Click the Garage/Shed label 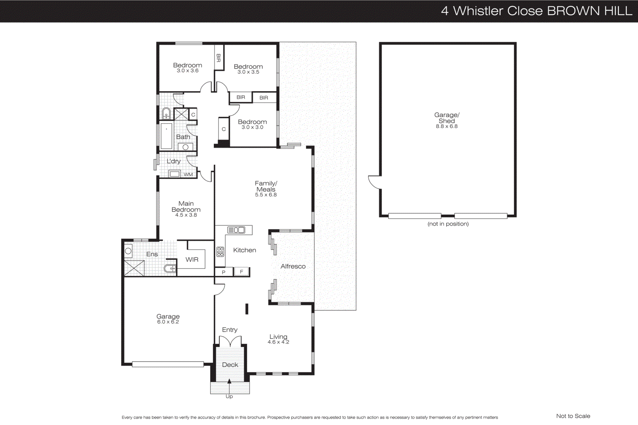click(447, 118)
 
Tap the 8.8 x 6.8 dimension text click(447, 126)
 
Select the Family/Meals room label click(266, 186)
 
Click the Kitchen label click(244, 250)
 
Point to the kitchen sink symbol click(236, 230)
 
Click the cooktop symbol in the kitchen click(220, 252)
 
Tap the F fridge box click(241, 272)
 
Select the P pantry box click(224, 272)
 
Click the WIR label click(192, 260)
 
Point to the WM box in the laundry click(188, 174)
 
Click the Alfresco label click(293, 266)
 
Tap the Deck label click(230, 365)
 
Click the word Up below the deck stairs click(229, 396)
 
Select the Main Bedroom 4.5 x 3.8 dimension click(186, 215)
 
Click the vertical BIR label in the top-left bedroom click(219, 58)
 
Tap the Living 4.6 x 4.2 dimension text click(278, 342)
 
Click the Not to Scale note click(573, 416)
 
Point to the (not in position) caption click(448, 224)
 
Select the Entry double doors click(230, 341)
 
